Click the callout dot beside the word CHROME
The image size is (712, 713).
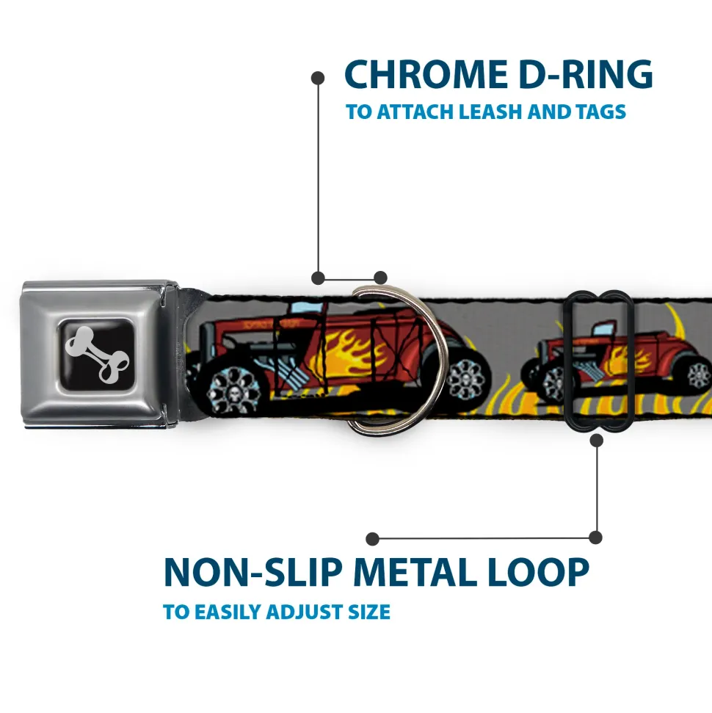318,76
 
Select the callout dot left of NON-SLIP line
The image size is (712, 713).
373,538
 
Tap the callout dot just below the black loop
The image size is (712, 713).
596,440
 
